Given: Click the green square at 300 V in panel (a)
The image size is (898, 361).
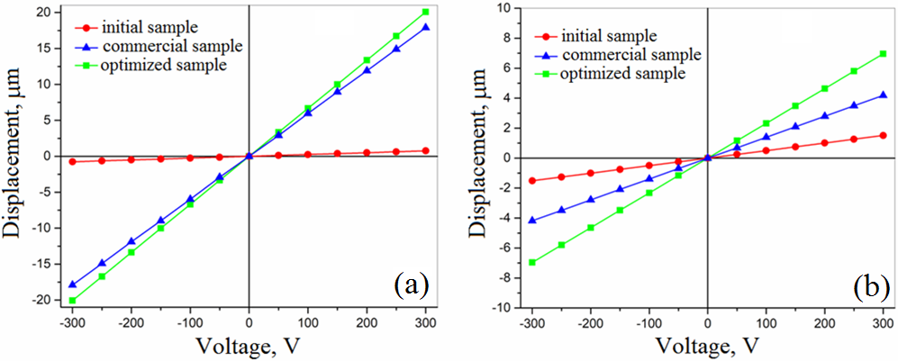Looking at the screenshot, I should [425, 13].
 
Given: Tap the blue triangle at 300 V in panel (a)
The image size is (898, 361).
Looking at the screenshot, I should [425, 28].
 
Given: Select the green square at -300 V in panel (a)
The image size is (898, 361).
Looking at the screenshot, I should [73, 300].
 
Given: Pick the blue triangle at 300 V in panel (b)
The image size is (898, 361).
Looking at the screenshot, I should [883, 95].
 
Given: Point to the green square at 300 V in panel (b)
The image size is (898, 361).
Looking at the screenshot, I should [883, 54].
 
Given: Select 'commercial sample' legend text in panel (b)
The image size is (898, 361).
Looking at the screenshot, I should [630, 55].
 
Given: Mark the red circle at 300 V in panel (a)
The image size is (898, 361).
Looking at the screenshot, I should [425, 150].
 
